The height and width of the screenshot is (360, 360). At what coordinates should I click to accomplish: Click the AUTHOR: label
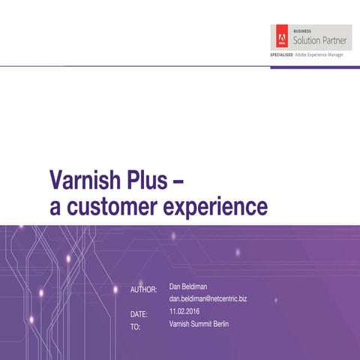(x=143, y=289)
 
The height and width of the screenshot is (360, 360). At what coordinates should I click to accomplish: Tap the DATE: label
(x=139, y=313)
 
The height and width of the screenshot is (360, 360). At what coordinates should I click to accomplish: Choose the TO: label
(x=135, y=328)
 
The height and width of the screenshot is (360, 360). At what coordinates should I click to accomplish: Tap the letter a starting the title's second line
(x=55, y=206)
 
